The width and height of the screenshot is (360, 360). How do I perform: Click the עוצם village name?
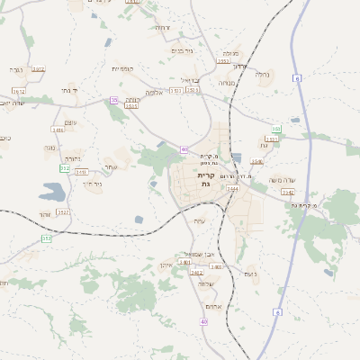(x=71, y=121)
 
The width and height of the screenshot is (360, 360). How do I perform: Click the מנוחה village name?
(x=227, y=83)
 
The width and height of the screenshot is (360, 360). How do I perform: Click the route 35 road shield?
(x=113, y=100)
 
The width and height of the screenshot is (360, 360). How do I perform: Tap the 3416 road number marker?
(x=58, y=130)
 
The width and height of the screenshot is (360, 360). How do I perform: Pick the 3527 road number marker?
(x=62, y=212)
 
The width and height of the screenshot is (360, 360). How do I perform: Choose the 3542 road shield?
(x=287, y=192)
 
